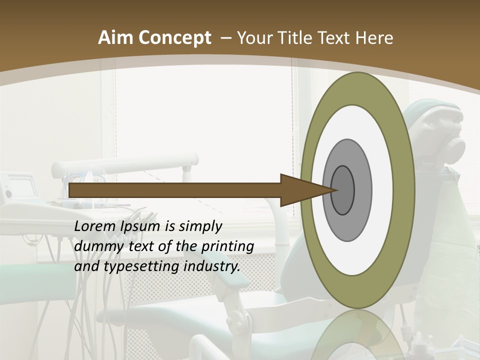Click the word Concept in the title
click(174, 38)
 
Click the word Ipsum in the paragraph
click(141, 226)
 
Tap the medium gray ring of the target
click(362, 190)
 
